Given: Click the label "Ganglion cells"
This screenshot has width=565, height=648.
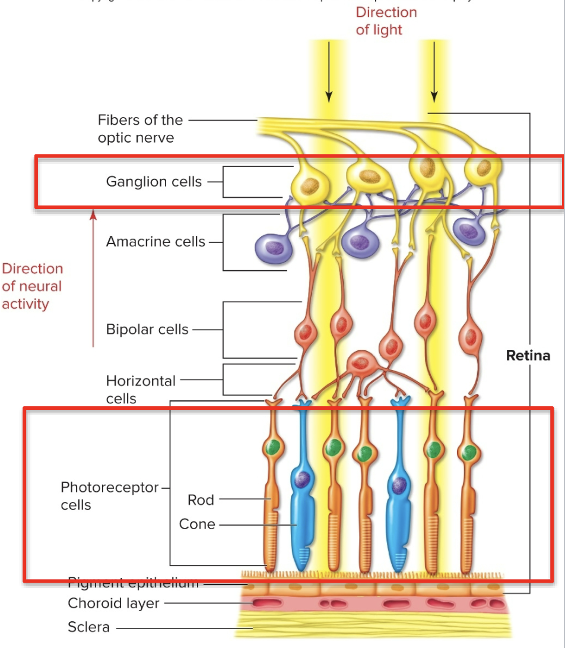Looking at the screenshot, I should [x=154, y=181].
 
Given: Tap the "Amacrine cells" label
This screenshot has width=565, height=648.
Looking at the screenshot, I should [x=155, y=242].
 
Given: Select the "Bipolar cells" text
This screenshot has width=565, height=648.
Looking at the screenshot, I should [x=147, y=329].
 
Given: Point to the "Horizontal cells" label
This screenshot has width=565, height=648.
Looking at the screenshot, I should [x=141, y=389].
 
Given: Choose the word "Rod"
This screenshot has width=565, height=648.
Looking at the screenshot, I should [x=201, y=500].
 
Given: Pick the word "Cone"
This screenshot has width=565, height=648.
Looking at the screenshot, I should [x=197, y=524].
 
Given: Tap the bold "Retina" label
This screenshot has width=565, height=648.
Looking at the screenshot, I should [x=528, y=355].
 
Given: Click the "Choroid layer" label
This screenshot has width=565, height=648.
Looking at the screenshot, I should [x=113, y=603].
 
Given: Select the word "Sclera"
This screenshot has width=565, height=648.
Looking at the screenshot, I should [x=88, y=627].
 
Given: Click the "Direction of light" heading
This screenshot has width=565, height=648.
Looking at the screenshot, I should [x=386, y=21].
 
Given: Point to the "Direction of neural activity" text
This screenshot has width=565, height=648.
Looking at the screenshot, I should [x=32, y=286].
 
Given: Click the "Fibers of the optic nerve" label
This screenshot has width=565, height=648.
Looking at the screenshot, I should [x=140, y=129].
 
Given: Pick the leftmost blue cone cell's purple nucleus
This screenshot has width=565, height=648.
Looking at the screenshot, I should [x=303, y=478].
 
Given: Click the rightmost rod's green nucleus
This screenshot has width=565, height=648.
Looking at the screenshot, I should [x=469, y=453].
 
